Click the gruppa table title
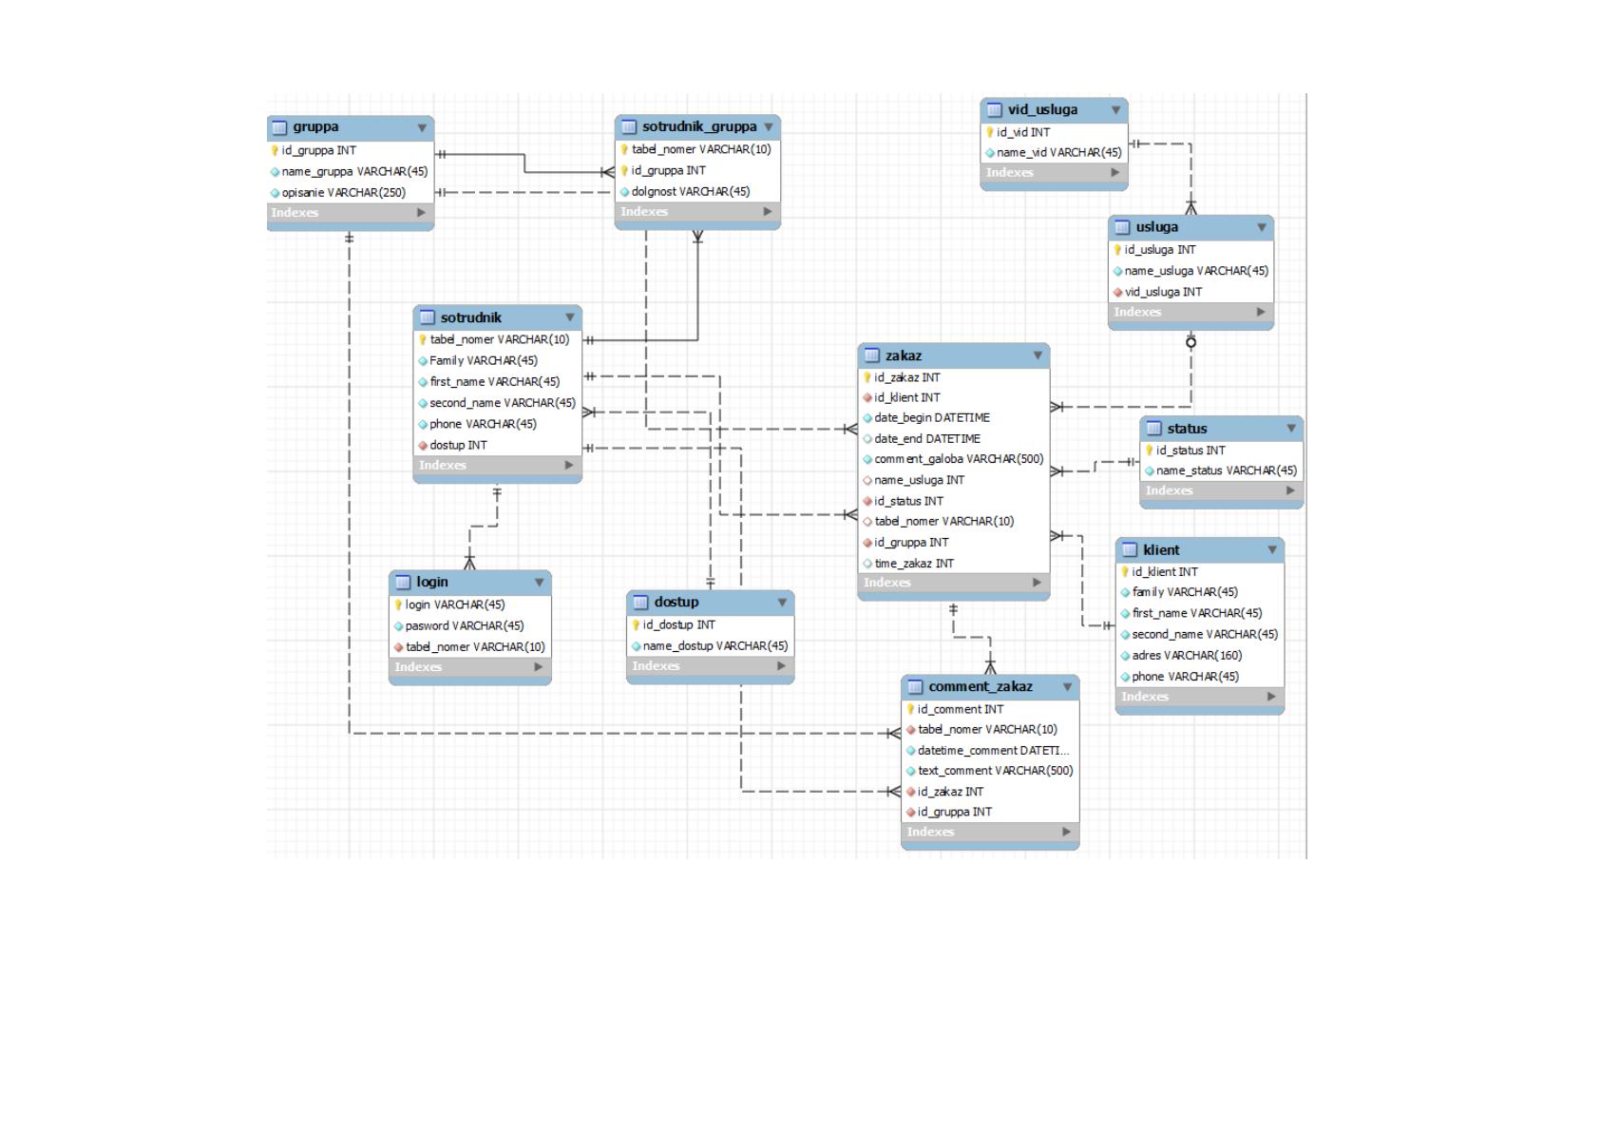[315, 127]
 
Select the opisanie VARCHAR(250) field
[343, 193]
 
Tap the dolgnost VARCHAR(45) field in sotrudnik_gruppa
[690, 192]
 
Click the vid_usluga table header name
[1042, 110]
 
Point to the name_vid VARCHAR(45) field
[1058, 153]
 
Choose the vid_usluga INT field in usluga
[1163, 293]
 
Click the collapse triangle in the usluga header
[1262, 227]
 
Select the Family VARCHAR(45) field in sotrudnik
[483, 361]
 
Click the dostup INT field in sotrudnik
[458, 445]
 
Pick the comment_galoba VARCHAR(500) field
[959, 459]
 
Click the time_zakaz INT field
[914, 564]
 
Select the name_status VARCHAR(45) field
[1226, 470]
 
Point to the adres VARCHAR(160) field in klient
[1187, 655]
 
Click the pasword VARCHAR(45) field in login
[465, 626]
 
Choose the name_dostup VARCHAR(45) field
[715, 646]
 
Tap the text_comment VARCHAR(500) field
[995, 771]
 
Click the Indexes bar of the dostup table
[710, 666]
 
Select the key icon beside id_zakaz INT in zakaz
[867, 377]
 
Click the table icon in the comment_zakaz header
[915, 687]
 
